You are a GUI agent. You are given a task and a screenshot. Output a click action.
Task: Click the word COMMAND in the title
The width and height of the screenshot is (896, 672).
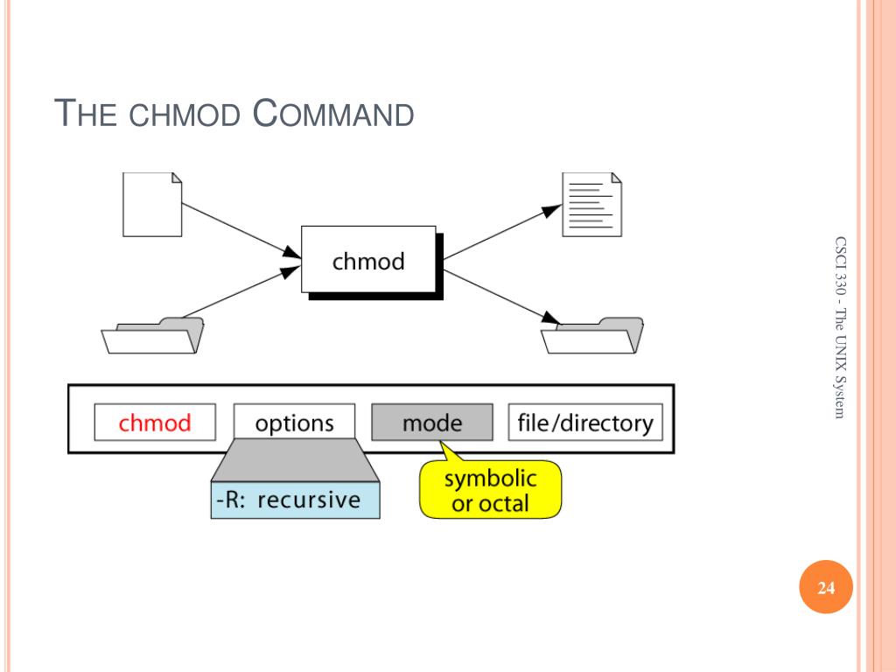333,113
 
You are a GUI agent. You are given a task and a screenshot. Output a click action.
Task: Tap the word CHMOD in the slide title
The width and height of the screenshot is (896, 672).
185,115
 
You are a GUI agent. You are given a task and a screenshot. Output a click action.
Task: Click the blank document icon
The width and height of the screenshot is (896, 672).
152,205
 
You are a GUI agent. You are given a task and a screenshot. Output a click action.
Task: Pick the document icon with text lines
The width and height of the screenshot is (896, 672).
592,205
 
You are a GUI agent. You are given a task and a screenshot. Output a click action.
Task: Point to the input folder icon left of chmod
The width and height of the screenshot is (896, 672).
152,335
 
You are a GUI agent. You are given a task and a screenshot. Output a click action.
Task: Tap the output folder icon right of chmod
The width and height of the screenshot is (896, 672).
592,335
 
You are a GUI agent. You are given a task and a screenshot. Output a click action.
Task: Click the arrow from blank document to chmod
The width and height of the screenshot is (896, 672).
241,231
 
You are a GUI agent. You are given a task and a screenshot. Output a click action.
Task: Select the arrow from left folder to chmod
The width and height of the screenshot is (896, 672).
241,292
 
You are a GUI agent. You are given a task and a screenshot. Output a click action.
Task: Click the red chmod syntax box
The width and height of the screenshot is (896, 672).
155,423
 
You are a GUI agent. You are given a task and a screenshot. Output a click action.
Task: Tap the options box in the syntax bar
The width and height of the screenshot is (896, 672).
294,423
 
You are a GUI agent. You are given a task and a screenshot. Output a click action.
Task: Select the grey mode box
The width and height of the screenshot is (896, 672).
432,423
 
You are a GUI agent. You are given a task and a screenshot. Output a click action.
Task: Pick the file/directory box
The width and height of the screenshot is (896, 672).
585,423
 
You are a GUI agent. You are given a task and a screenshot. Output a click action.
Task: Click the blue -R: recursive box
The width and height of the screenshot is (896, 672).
296,500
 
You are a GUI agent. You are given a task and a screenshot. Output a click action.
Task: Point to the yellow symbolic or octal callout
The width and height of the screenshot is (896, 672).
491,489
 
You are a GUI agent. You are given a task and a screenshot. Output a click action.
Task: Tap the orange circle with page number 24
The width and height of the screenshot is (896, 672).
826,587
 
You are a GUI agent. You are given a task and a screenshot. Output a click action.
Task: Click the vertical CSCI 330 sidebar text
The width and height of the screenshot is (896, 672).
839,327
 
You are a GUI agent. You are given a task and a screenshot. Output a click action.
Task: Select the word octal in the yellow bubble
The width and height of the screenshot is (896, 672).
504,503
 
